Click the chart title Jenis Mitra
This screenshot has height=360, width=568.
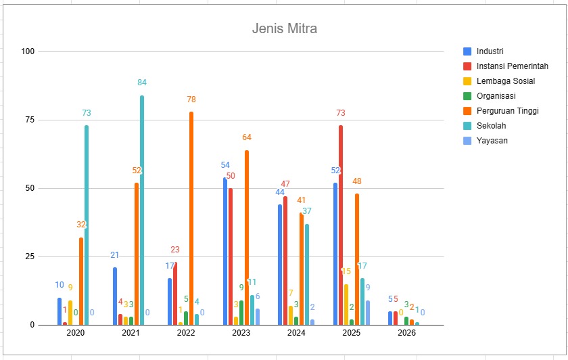[x=285, y=28]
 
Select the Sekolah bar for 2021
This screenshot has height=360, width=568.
[x=142, y=210]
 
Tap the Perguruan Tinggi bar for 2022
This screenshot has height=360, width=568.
[x=191, y=219]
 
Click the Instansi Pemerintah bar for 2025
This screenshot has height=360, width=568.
[x=341, y=225]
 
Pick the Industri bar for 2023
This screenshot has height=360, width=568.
[x=225, y=251]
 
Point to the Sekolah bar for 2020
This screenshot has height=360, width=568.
[x=87, y=225]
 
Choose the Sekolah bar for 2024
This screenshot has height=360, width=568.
[x=307, y=275]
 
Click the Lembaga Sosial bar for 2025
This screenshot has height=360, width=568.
[x=346, y=305]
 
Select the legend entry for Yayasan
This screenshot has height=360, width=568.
[x=486, y=141]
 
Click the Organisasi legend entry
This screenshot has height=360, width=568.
[x=490, y=96]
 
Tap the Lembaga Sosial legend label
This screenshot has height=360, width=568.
[x=506, y=81]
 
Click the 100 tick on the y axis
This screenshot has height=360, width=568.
[x=28, y=51]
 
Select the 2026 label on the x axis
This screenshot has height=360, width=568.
[x=406, y=333]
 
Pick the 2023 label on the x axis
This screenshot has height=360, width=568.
[x=241, y=333]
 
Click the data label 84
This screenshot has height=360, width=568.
[x=142, y=83]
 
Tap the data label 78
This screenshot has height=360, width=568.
[x=191, y=99]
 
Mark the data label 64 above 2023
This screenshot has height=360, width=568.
[x=247, y=137]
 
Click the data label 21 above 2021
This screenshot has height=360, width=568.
[x=114, y=255]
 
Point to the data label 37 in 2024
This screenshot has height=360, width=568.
[x=307, y=210]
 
